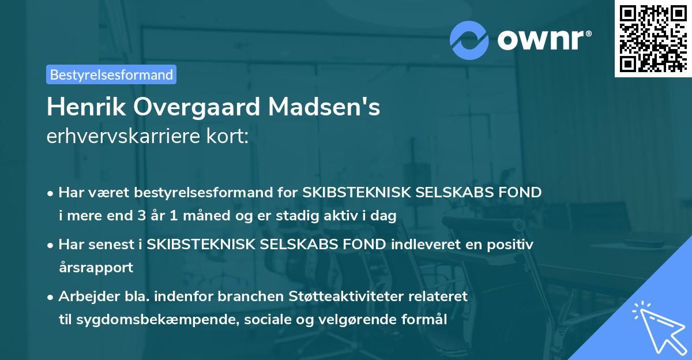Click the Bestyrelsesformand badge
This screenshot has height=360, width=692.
click(111, 74)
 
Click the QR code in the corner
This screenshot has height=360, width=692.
click(652, 38)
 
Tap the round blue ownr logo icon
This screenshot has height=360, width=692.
click(469, 40)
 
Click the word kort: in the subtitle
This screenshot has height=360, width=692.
click(229, 137)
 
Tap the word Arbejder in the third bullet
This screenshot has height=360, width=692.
click(83, 297)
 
